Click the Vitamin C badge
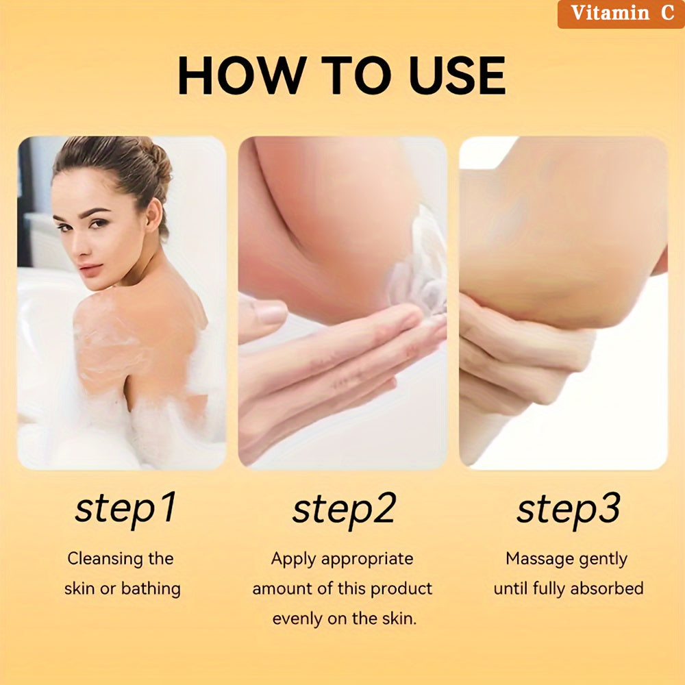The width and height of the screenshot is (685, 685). point(621,14)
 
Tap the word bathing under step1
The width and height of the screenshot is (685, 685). point(151,588)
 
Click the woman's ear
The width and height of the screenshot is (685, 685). point(152,214)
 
